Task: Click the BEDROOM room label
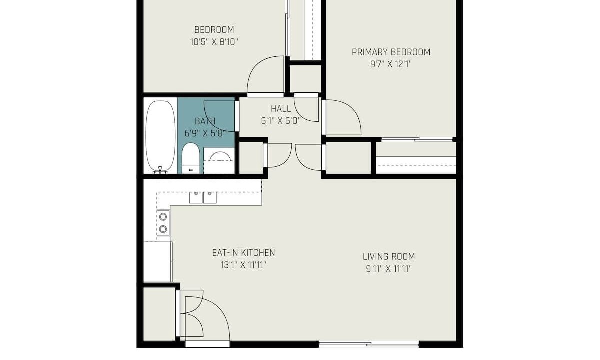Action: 214,29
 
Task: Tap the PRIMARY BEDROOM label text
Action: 391,52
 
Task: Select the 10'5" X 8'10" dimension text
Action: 214,42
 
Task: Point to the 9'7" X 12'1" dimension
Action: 391,64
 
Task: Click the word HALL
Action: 281,109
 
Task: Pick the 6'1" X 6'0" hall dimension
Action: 281,121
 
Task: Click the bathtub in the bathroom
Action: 160,137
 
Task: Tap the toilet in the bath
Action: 190,158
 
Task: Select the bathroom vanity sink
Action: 219,160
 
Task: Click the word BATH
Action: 205,121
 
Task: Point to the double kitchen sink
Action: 203,197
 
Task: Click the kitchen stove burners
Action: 163,223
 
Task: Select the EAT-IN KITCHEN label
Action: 244,253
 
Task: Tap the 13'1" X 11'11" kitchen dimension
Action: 244,265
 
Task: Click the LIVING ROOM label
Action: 389,257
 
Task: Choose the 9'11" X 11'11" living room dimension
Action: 389,269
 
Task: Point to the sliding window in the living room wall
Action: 369,344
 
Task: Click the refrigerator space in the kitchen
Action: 158,262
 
